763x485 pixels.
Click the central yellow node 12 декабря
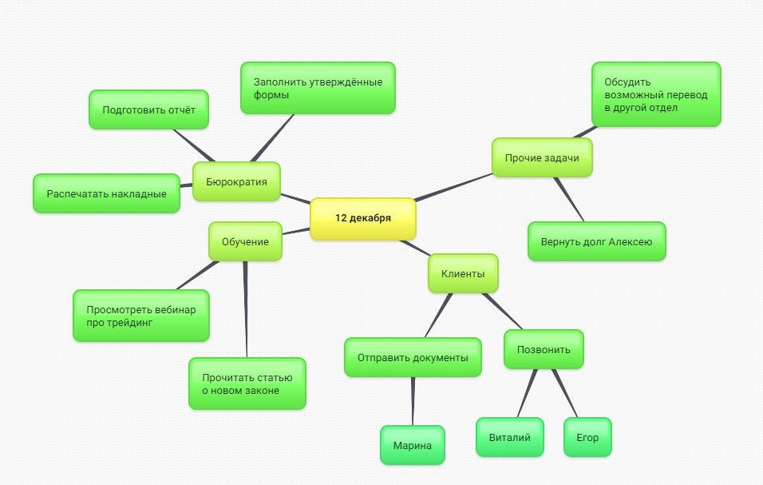[363, 219]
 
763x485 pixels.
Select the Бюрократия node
[236, 181]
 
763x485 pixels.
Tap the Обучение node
[245, 241]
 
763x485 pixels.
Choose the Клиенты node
[463, 274]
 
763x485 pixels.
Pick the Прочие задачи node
[542, 157]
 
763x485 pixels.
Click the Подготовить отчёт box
[149, 109]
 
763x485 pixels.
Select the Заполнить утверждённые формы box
[318, 88]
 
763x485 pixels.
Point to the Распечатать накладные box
[107, 193]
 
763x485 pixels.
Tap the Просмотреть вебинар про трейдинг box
[141, 316]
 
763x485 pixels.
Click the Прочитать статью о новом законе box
[247, 384]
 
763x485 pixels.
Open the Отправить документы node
[413, 357]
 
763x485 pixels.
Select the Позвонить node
[544, 350]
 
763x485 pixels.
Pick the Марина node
[413, 445]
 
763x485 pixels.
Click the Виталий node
[510, 437]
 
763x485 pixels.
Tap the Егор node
[587, 437]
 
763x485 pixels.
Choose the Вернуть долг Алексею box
[596, 241]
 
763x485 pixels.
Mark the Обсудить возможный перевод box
[656, 94]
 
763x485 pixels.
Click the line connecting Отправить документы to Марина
[413, 401]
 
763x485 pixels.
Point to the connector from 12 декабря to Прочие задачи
[453, 187]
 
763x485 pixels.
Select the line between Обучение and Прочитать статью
[246, 310]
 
